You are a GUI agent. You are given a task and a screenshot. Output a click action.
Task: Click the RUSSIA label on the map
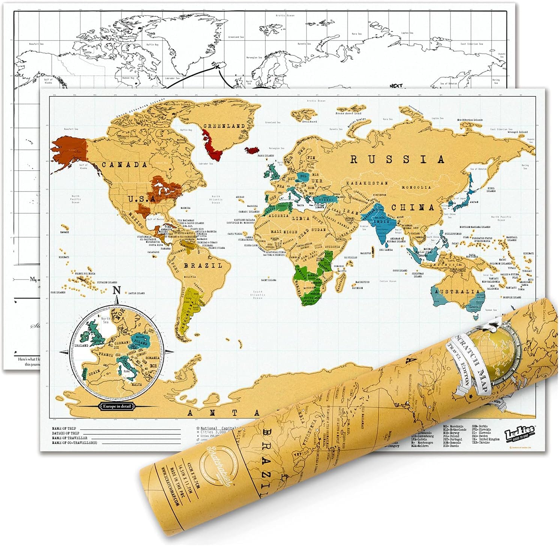[397, 159]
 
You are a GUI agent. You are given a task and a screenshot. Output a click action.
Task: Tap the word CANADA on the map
[119, 165]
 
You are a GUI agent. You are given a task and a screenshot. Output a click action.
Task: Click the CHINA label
[414, 207]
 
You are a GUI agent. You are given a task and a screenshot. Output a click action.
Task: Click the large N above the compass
[117, 290]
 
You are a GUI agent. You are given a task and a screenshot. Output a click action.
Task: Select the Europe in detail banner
[117, 406]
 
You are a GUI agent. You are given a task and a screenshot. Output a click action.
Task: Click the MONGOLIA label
[415, 187]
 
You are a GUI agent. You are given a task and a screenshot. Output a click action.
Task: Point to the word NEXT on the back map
[396, 85]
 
